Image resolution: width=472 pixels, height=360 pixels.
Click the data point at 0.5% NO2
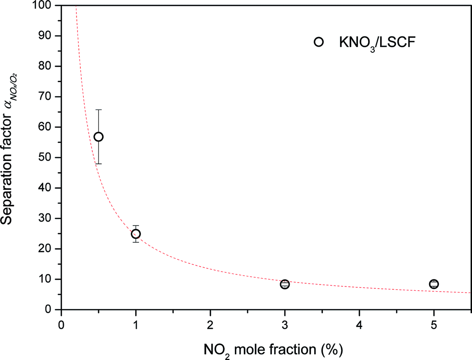99,137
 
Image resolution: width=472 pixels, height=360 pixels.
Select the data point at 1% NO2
136,234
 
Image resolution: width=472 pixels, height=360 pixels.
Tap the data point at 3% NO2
285,284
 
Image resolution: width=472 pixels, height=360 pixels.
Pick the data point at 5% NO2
434,284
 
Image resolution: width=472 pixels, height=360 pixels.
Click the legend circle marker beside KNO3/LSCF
318,42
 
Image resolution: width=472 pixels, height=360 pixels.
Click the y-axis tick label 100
44,6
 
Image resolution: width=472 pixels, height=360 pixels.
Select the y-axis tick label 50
47,158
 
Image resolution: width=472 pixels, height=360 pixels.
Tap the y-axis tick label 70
47,97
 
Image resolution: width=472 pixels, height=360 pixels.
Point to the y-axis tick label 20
47,249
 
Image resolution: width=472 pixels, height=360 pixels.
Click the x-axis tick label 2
210,324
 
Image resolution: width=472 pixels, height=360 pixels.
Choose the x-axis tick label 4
359,324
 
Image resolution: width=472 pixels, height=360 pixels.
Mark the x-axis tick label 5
434,324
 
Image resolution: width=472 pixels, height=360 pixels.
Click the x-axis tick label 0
61,324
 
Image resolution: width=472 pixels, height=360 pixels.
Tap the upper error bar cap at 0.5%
99,110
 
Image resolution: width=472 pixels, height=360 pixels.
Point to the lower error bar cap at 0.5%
99,163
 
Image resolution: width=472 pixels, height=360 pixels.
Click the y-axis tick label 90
47,36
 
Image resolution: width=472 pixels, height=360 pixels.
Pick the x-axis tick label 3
285,324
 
